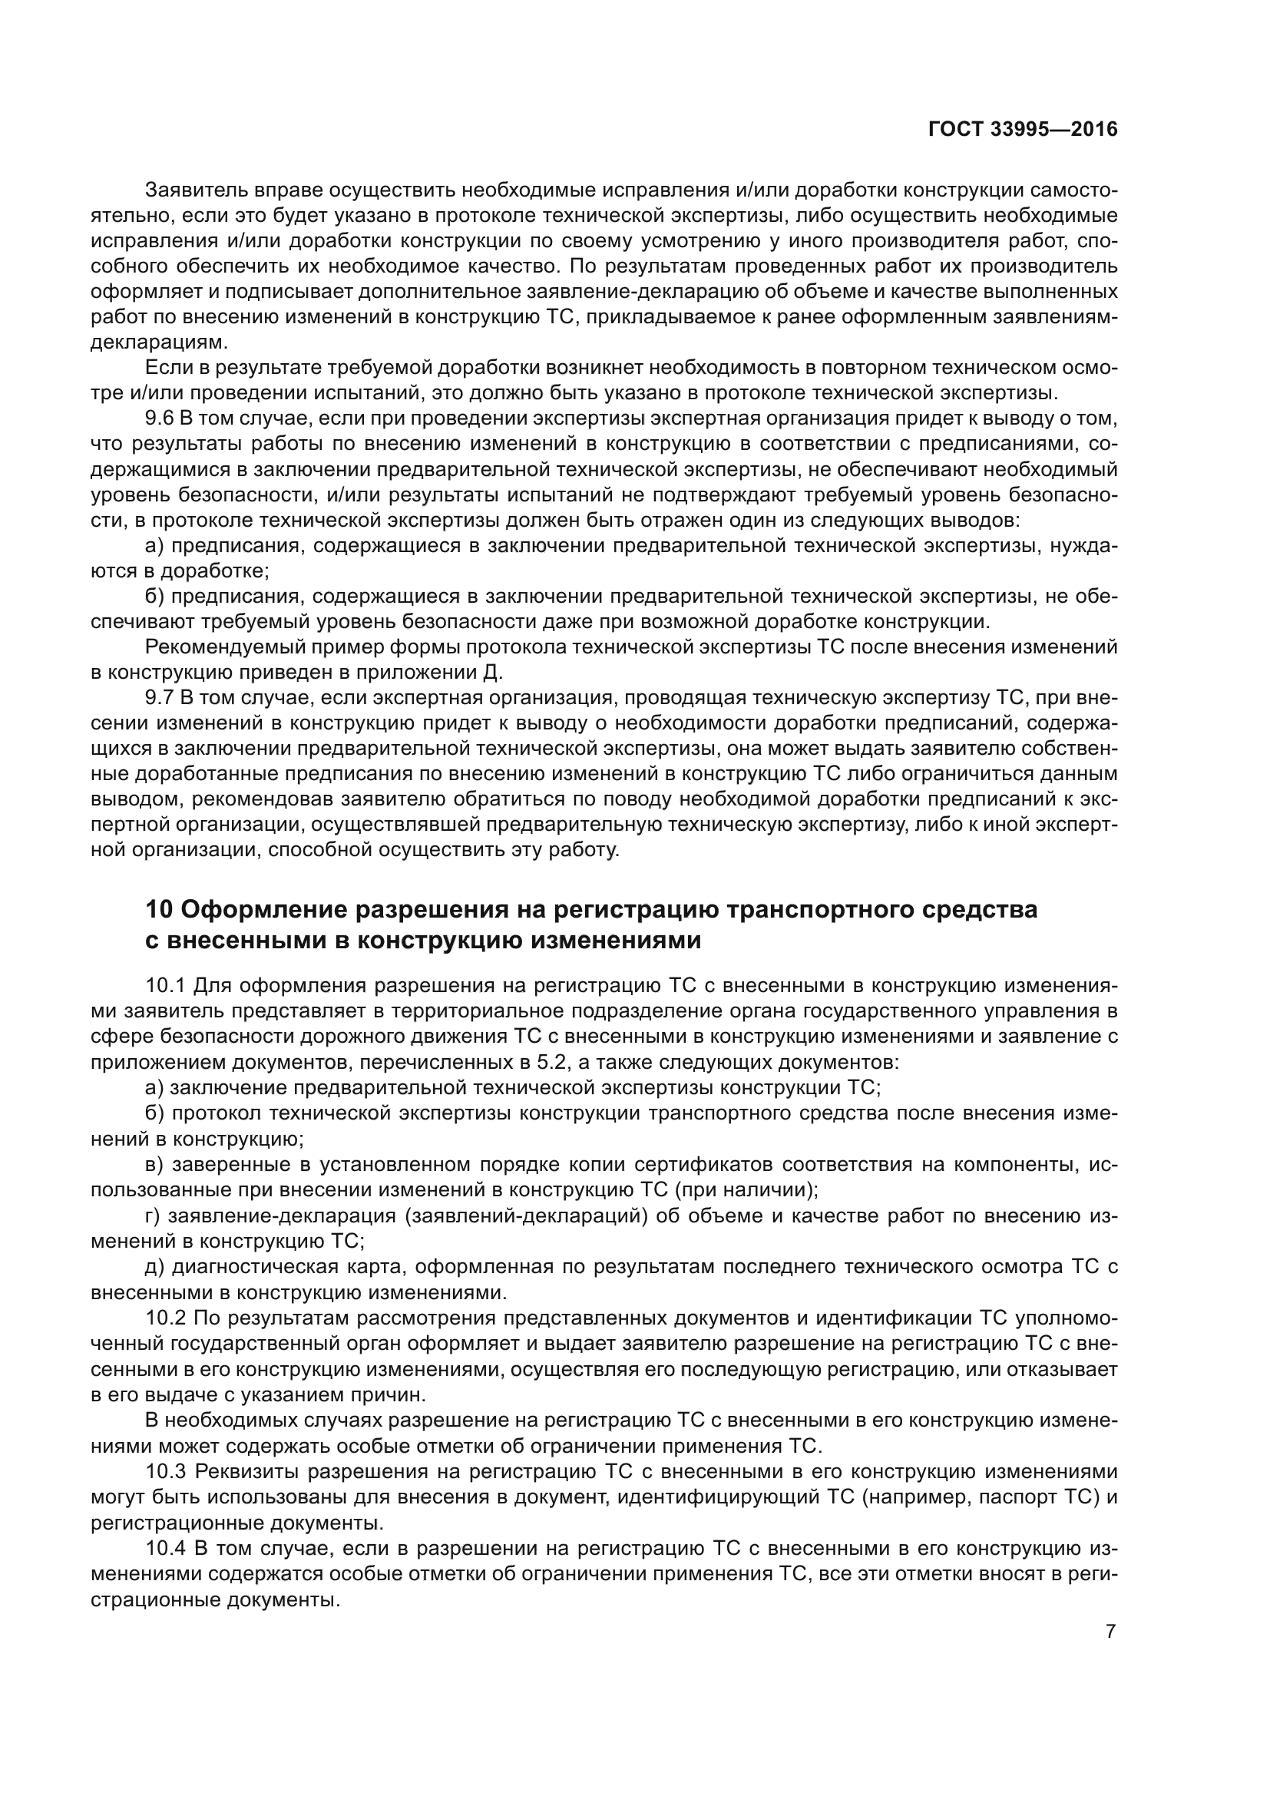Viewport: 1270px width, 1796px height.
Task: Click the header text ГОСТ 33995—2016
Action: [x=1023, y=130]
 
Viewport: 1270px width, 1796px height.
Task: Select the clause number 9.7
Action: [x=160, y=698]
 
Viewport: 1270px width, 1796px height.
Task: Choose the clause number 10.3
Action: [x=166, y=1471]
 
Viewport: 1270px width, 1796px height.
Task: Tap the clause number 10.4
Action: [x=166, y=1548]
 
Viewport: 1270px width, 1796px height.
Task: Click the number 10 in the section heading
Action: [x=159, y=910]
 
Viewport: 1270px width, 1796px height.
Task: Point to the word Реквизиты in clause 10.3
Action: [x=246, y=1471]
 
